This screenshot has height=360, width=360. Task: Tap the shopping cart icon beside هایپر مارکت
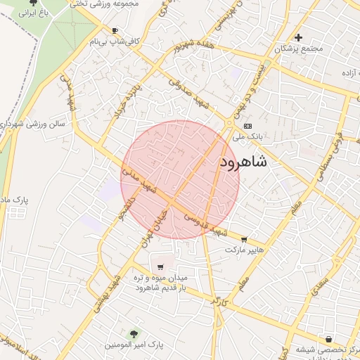point(244,240)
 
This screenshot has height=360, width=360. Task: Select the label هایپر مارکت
point(244,250)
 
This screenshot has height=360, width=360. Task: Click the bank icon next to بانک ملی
point(247,125)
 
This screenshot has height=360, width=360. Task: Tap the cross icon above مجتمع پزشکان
point(299,37)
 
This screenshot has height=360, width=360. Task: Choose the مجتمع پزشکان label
point(300,49)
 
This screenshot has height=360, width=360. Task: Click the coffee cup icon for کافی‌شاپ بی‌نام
point(115,31)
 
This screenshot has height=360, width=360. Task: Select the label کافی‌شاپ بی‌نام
point(108,42)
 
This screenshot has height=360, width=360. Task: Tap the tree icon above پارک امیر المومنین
point(134,333)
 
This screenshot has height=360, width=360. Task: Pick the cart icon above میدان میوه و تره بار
point(161,267)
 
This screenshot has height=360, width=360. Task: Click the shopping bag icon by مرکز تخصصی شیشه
point(328,340)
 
